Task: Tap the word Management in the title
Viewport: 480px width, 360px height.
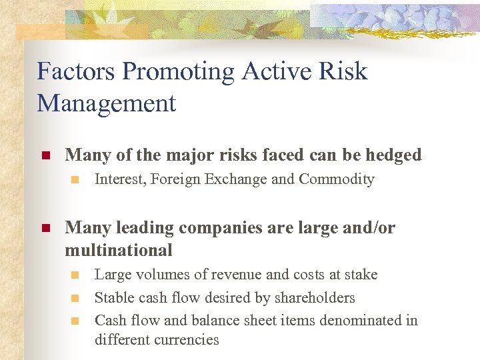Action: pos(107,103)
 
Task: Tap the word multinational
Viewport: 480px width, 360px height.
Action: pos(119,250)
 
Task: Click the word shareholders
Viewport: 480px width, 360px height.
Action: pos(315,297)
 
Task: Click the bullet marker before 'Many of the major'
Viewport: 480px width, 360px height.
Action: pos(46,155)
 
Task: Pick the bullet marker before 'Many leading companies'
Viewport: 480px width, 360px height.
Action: pos(46,228)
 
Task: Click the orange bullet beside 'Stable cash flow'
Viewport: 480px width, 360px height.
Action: pos(75,298)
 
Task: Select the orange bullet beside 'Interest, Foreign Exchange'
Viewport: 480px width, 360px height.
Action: pos(75,179)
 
